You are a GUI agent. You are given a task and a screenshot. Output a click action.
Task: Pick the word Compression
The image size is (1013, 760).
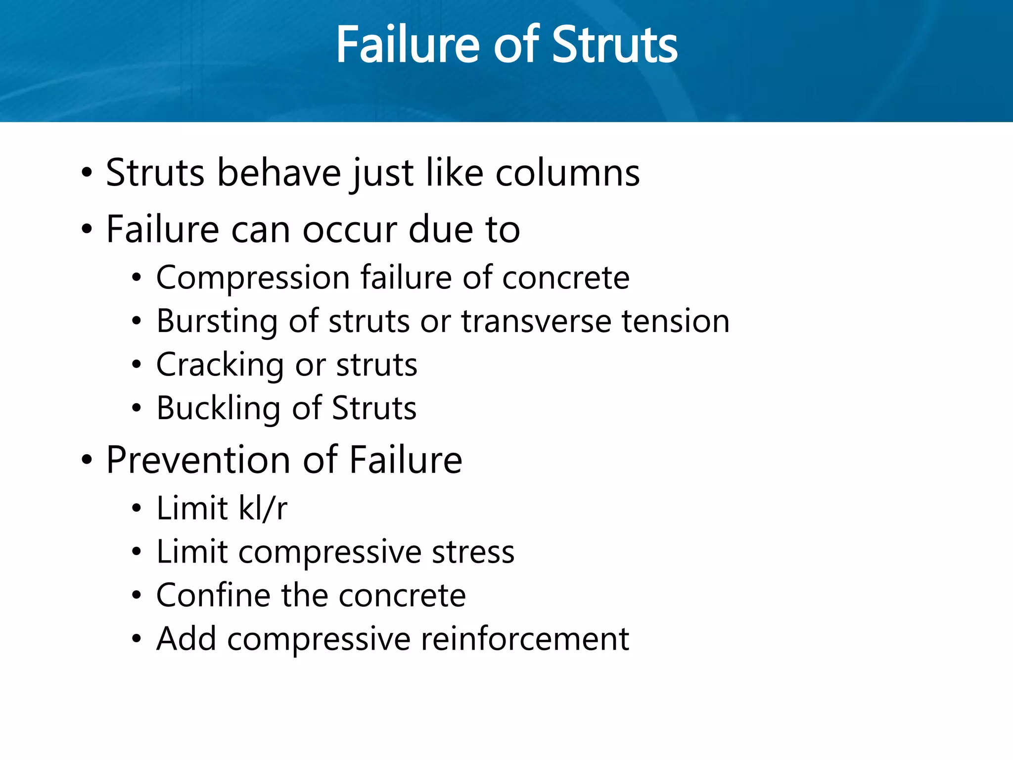pos(253,278)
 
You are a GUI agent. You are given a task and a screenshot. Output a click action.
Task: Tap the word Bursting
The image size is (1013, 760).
pos(217,322)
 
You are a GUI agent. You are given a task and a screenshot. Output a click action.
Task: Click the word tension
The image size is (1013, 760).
pos(675,322)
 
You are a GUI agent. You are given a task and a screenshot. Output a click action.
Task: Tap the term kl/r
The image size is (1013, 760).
pos(263,508)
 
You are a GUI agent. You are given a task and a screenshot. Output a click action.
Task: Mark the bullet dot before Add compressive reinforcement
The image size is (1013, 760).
pos(137,639)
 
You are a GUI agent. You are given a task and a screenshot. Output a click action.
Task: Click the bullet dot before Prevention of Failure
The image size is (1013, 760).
pos(87,460)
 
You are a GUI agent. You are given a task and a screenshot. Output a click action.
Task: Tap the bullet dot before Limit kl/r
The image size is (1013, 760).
pos(137,509)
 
